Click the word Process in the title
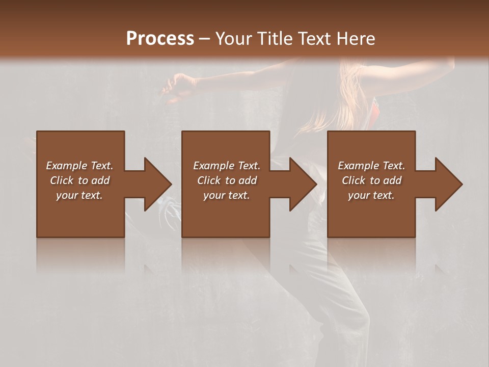click(x=160, y=38)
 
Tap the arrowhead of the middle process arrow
click(x=303, y=184)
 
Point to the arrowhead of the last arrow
click(x=448, y=184)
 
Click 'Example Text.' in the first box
click(x=79, y=166)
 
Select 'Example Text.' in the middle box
click(x=227, y=166)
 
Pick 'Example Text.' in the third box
click(x=371, y=166)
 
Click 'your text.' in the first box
click(x=79, y=195)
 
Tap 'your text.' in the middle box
click(x=227, y=195)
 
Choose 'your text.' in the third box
click(x=371, y=195)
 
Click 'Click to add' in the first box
click(x=79, y=180)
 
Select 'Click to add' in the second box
click(x=227, y=180)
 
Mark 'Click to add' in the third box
click(x=371, y=180)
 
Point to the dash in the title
click(x=204, y=39)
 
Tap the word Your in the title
click(x=234, y=38)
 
